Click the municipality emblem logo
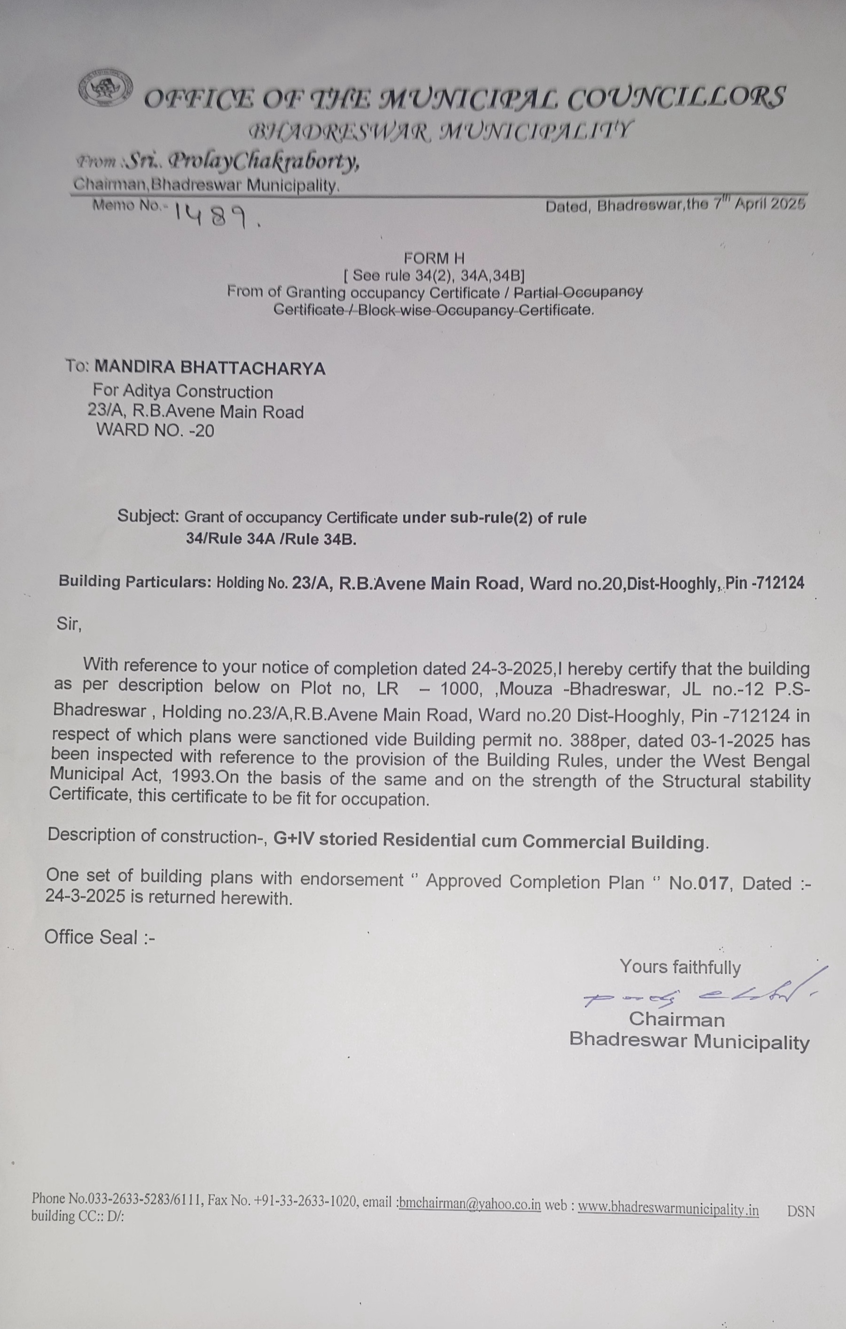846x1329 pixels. [x=105, y=88]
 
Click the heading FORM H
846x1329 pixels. [x=434, y=258]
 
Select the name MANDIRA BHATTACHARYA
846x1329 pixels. [x=210, y=367]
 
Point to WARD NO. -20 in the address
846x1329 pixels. [x=155, y=430]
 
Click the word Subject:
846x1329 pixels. [x=148, y=516]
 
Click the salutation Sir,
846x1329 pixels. [x=69, y=624]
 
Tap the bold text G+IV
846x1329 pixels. [x=294, y=839]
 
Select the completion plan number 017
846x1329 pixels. [x=713, y=883]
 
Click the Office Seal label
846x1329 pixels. [x=99, y=937]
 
